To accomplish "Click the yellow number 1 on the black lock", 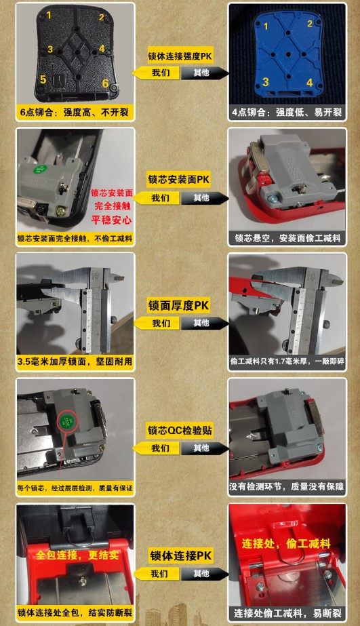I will coord(48,14).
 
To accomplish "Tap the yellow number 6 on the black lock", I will coord(105,83).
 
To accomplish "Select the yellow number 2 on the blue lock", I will coord(310,24).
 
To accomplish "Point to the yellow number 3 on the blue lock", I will coord(266,82).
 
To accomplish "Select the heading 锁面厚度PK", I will coord(180,306).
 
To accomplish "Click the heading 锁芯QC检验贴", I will coord(180,431).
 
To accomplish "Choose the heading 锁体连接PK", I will coord(180,556).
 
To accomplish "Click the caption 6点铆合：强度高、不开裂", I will coord(75,112).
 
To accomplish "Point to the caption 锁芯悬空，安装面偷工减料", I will coord(287,238).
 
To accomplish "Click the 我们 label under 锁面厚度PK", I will coord(161,324).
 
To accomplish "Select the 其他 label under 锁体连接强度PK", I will coord(201,73).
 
